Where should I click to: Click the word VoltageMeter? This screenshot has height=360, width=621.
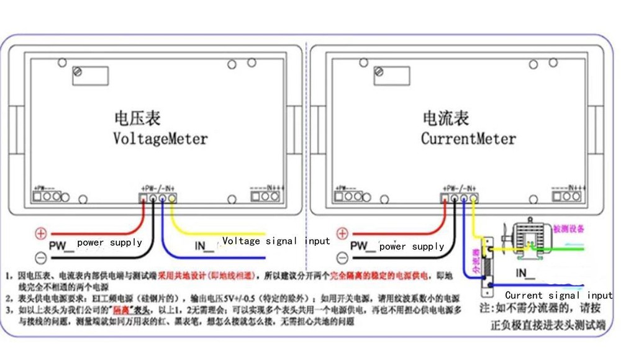[x=160, y=138]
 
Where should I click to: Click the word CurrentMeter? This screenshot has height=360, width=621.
[x=468, y=138]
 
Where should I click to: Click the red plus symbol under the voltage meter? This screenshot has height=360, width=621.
[x=40, y=234]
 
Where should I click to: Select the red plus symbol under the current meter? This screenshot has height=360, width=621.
[x=342, y=233]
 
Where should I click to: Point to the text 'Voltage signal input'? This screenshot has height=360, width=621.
[x=276, y=241]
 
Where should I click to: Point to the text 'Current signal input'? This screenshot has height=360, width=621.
[x=558, y=295]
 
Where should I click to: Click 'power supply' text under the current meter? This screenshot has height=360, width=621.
[x=412, y=246]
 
